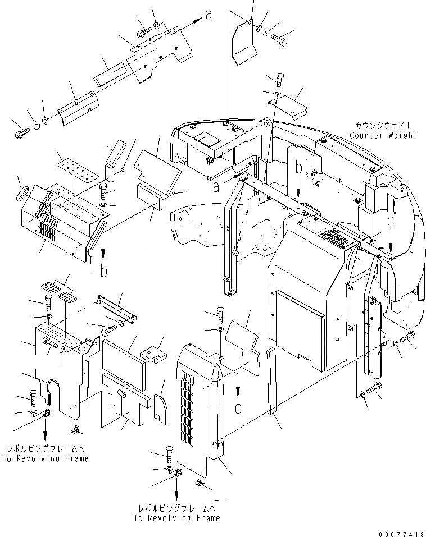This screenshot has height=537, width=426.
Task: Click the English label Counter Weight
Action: (x=383, y=135)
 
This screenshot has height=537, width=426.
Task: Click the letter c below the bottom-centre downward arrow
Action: (x=239, y=408)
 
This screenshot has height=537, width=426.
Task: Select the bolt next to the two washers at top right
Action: (x=279, y=39)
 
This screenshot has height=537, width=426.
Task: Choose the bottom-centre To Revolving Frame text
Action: (x=176, y=513)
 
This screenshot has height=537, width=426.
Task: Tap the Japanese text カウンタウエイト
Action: (x=383, y=126)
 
